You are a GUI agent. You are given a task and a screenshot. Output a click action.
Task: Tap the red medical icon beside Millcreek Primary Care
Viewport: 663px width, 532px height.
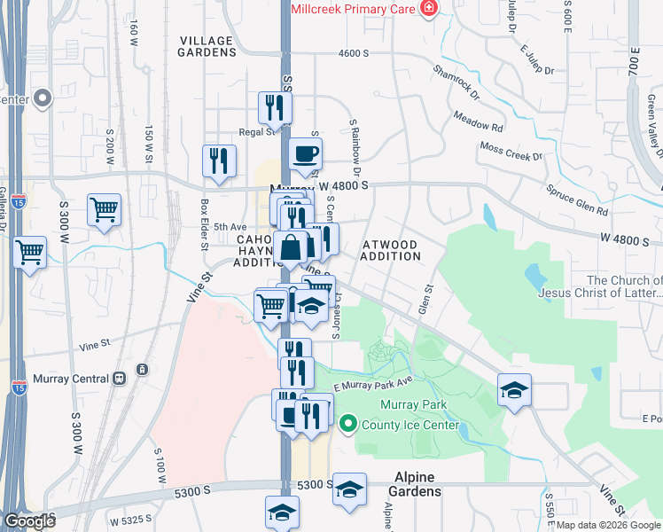(x=430, y=8)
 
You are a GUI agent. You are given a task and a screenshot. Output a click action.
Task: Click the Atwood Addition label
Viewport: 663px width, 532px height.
(x=391, y=249)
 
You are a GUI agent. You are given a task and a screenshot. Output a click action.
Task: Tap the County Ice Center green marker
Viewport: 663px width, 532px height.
(x=347, y=425)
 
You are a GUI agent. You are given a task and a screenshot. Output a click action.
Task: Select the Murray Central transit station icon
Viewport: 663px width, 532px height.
(x=119, y=379)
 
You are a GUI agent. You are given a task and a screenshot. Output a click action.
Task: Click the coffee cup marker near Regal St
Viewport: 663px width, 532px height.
(x=305, y=154)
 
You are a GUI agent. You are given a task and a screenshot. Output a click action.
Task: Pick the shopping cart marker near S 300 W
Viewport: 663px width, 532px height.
(x=104, y=211)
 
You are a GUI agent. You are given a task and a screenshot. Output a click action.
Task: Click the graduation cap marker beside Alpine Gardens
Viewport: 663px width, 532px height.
(x=349, y=489)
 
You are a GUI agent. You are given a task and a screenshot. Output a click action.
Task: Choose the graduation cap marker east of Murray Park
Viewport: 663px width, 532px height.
(x=514, y=392)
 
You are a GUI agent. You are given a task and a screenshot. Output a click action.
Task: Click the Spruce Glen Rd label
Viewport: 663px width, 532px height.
(x=576, y=200)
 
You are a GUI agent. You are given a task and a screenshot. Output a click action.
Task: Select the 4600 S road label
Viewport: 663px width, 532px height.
(x=353, y=54)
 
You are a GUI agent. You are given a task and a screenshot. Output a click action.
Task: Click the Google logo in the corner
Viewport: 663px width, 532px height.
(x=29, y=522)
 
